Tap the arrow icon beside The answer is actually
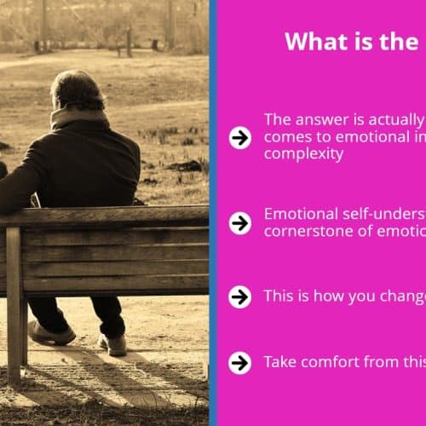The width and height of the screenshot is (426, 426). [x=240, y=138]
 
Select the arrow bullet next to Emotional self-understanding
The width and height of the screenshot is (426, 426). [x=240, y=223]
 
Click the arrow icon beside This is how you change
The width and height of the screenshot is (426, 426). [x=240, y=297]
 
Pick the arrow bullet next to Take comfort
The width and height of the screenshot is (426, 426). [x=240, y=363]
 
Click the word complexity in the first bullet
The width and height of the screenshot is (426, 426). [x=303, y=155]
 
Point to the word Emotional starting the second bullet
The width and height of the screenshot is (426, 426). [x=301, y=214]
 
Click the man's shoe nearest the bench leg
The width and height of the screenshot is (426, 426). [x=52, y=333]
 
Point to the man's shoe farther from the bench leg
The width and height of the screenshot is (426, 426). [x=112, y=344]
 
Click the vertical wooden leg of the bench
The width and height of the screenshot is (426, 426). [x=14, y=305]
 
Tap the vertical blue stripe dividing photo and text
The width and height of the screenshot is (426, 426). [x=213, y=213]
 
